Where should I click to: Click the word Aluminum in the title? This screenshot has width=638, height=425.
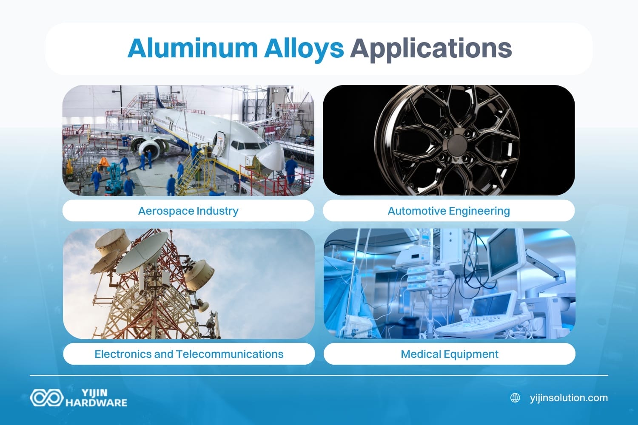coord(192,48)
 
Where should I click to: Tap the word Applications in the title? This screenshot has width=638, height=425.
coord(431,48)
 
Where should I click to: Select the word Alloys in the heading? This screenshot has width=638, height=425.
coord(304,48)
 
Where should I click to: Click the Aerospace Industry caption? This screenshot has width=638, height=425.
coord(188,211)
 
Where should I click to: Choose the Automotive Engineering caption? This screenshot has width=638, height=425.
coord(449,211)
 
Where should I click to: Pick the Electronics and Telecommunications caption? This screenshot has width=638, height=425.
coord(189,354)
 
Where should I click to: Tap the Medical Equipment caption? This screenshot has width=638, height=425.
coord(450,354)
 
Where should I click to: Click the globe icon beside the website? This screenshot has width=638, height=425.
coord(515,398)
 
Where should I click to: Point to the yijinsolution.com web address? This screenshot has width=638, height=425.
coord(569,398)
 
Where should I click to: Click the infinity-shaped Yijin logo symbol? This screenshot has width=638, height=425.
coord(46,398)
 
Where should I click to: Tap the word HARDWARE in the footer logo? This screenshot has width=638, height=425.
coord(96,402)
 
